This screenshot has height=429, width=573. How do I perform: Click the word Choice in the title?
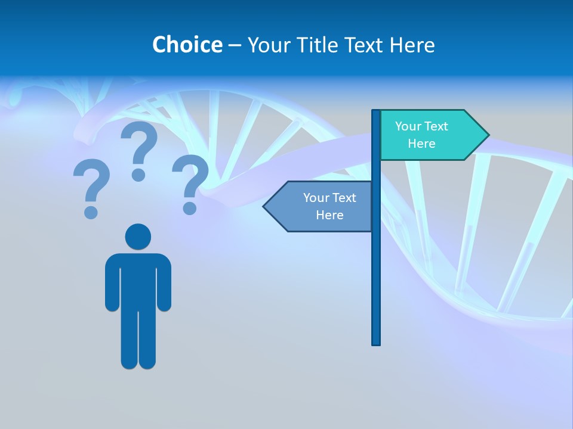point(187,45)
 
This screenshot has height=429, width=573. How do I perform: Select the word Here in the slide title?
point(412,45)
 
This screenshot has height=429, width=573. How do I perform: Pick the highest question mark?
point(139,149)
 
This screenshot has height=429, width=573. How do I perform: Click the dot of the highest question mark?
point(138,175)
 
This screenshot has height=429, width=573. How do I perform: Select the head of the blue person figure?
point(138,237)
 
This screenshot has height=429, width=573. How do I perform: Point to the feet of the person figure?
point(138,362)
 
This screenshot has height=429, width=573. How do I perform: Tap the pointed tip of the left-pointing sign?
point(265,207)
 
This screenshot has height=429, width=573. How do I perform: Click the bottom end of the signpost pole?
point(376,343)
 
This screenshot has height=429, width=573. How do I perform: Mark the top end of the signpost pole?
point(376,112)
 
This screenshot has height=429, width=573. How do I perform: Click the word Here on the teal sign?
point(421,144)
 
